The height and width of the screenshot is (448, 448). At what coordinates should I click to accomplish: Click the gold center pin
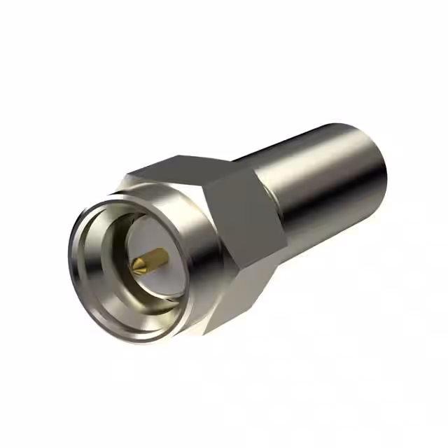149,260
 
